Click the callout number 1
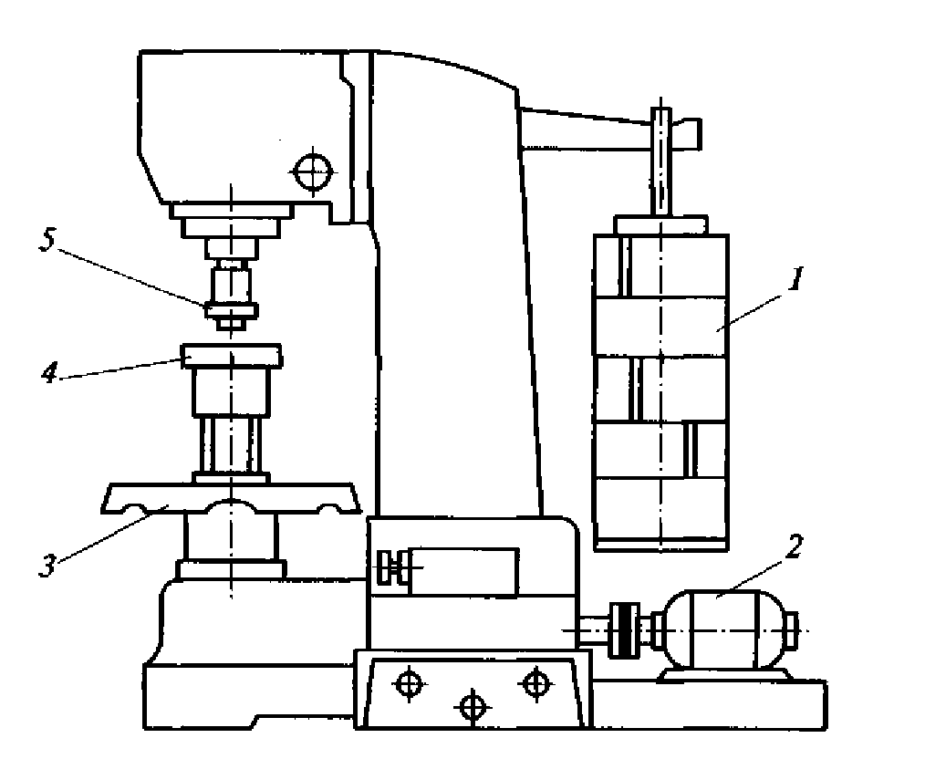pos(795,279)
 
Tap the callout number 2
pos(794,546)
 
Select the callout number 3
pos(47,565)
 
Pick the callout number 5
pos(47,239)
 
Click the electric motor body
pos(725,629)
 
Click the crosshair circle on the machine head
pos(313,172)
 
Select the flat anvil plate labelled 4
pos(232,356)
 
